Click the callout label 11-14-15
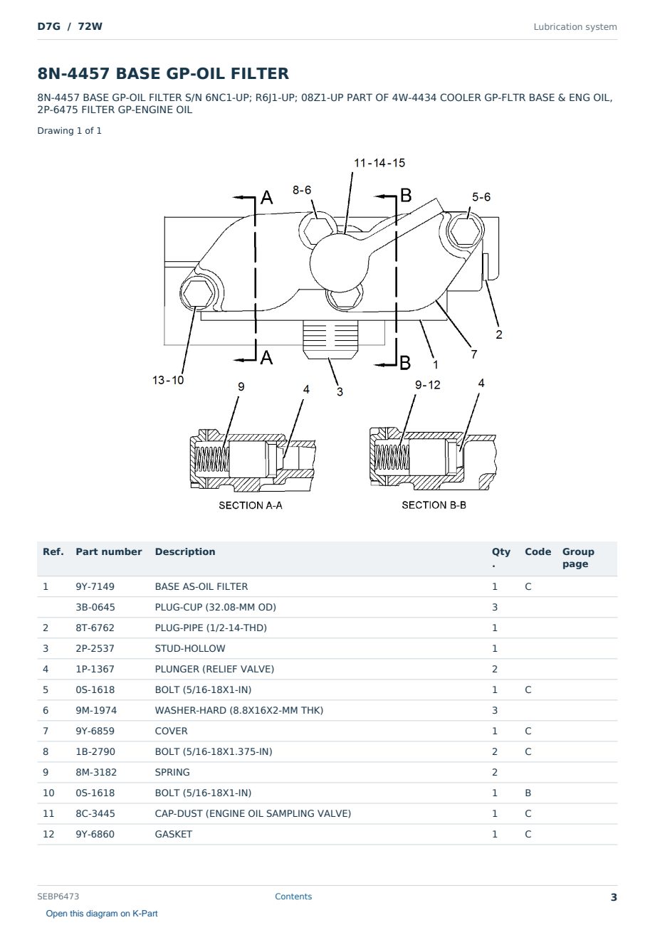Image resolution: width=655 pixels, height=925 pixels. pyautogui.click(x=379, y=163)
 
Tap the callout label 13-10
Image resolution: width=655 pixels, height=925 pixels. pyautogui.click(x=168, y=380)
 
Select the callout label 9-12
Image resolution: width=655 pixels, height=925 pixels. pyautogui.click(x=428, y=385)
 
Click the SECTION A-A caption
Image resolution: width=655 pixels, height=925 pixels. pyautogui.click(x=251, y=505)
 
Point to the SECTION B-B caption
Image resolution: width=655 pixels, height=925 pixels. pyautogui.click(x=434, y=505)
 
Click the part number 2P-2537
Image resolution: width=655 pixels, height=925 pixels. pyautogui.click(x=95, y=648)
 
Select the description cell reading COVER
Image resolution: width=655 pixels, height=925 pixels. pyautogui.click(x=171, y=731)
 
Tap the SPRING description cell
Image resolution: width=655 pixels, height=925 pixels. pyautogui.click(x=172, y=772)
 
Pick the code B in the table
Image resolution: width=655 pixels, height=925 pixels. pyautogui.click(x=528, y=793)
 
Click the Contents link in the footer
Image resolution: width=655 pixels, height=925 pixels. pyautogui.click(x=293, y=897)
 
